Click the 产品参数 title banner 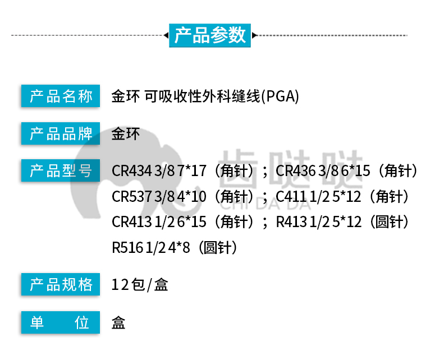210,35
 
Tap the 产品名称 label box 61,96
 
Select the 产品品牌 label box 61,133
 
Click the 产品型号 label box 61,170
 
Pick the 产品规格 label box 61,284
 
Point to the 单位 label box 61,322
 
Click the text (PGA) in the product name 280,96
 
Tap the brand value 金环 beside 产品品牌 126,134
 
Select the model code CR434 132,170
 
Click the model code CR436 296,170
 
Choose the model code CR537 132,196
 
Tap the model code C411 291,196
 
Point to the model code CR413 132,222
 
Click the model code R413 291,222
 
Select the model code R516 127,247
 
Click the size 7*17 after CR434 192,170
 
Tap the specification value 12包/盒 140,285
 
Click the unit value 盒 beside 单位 118,322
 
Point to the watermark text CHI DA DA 266,205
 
